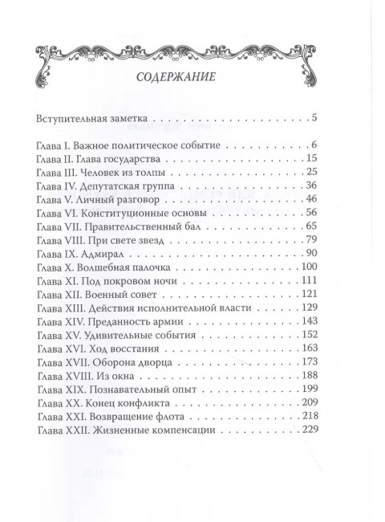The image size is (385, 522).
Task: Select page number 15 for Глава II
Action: (x=313, y=158)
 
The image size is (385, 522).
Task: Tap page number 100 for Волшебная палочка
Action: (x=310, y=267)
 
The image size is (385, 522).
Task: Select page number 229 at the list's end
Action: (x=310, y=430)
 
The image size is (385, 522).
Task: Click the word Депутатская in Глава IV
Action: (x=111, y=186)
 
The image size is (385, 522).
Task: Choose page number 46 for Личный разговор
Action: (x=313, y=199)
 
